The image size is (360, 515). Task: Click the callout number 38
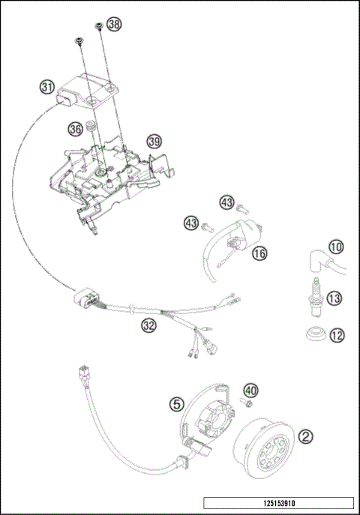pyautogui.click(x=113, y=25)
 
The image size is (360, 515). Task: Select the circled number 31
pyautogui.click(x=47, y=88)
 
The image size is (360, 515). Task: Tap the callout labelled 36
pyautogui.click(x=75, y=129)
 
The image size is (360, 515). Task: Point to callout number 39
pyautogui.click(x=154, y=141)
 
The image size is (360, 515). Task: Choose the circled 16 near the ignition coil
pyautogui.click(x=259, y=254)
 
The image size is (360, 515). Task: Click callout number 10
pyautogui.click(x=337, y=247)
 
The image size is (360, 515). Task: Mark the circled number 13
pyautogui.click(x=334, y=298)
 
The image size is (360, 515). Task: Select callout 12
pyautogui.click(x=337, y=334)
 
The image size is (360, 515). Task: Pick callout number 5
pyautogui.click(x=175, y=403)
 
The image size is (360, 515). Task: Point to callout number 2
pyautogui.click(x=305, y=434)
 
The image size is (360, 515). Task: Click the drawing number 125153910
pyautogui.click(x=278, y=502)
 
